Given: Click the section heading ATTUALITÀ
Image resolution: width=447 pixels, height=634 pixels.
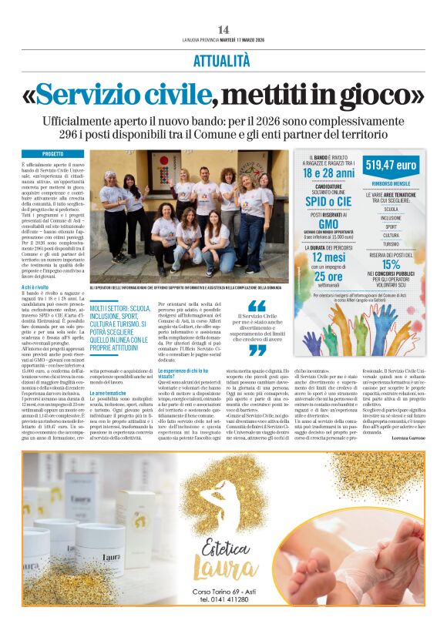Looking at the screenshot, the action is click(223, 59).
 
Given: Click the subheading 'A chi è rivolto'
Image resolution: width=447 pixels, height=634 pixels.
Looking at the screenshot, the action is click(35, 287).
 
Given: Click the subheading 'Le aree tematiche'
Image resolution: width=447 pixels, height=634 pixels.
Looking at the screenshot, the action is click(107, 393).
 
